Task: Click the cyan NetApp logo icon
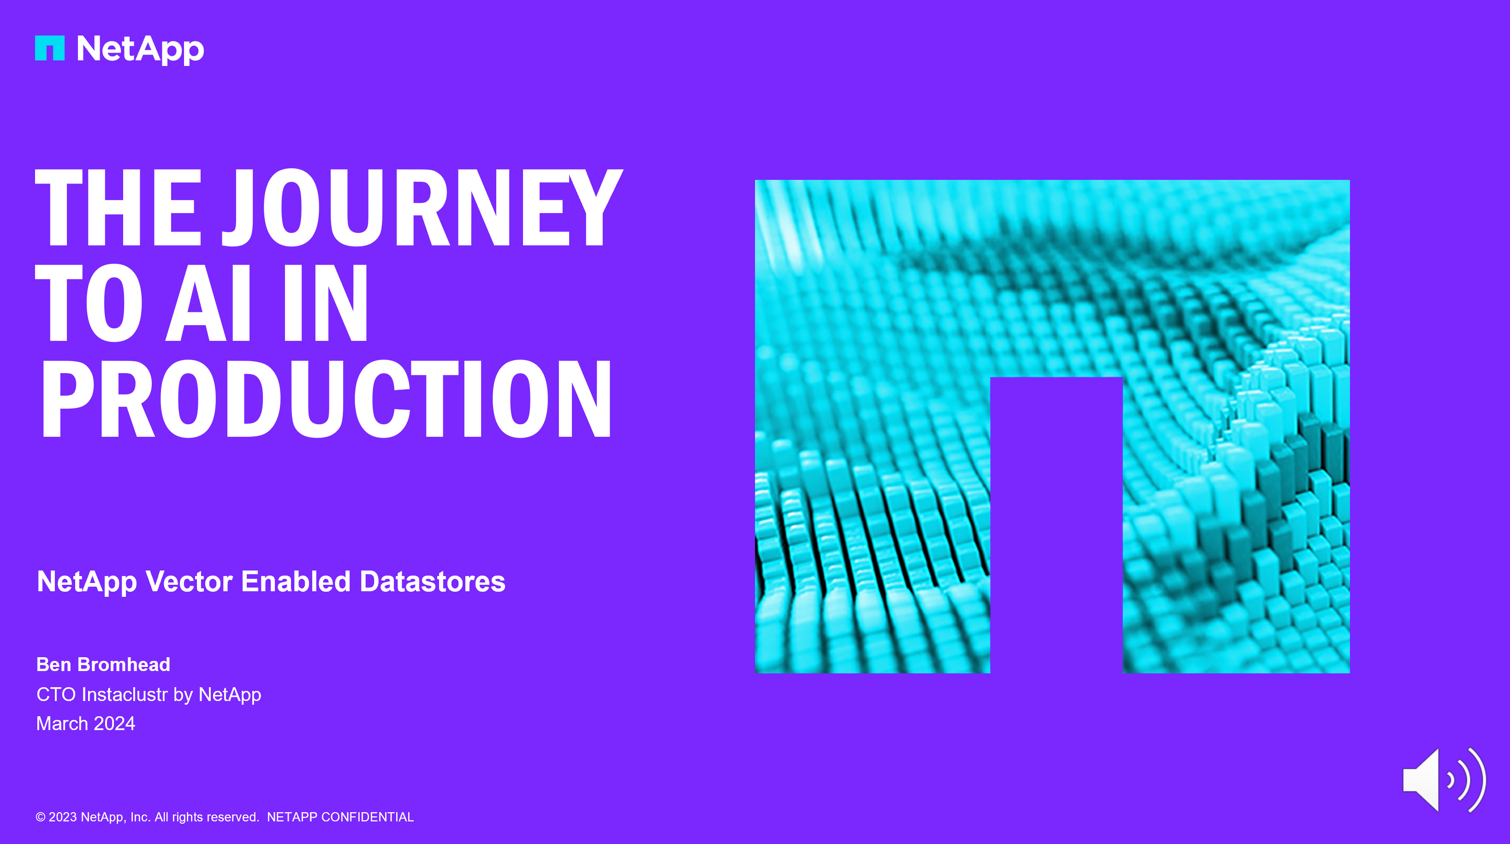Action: pyautogui.click(x=50, y=48)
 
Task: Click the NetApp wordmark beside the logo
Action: pyautogui.click(x=141, y=50)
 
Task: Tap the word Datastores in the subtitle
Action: pyautogui.click(x=433, y=582)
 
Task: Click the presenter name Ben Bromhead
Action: pyautogui.click(x=103, y=665)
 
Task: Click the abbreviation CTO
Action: pyautogui.click(x=56, y=695)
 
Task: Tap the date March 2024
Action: pyautogui.click(x=86, y=724)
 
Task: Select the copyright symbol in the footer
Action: pyautogui.click(x=41, y=817)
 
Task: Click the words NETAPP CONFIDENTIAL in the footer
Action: pyautogui.click(x=340, y=817)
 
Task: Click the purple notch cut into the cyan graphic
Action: pyautogui.click(x=1056, y=524)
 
